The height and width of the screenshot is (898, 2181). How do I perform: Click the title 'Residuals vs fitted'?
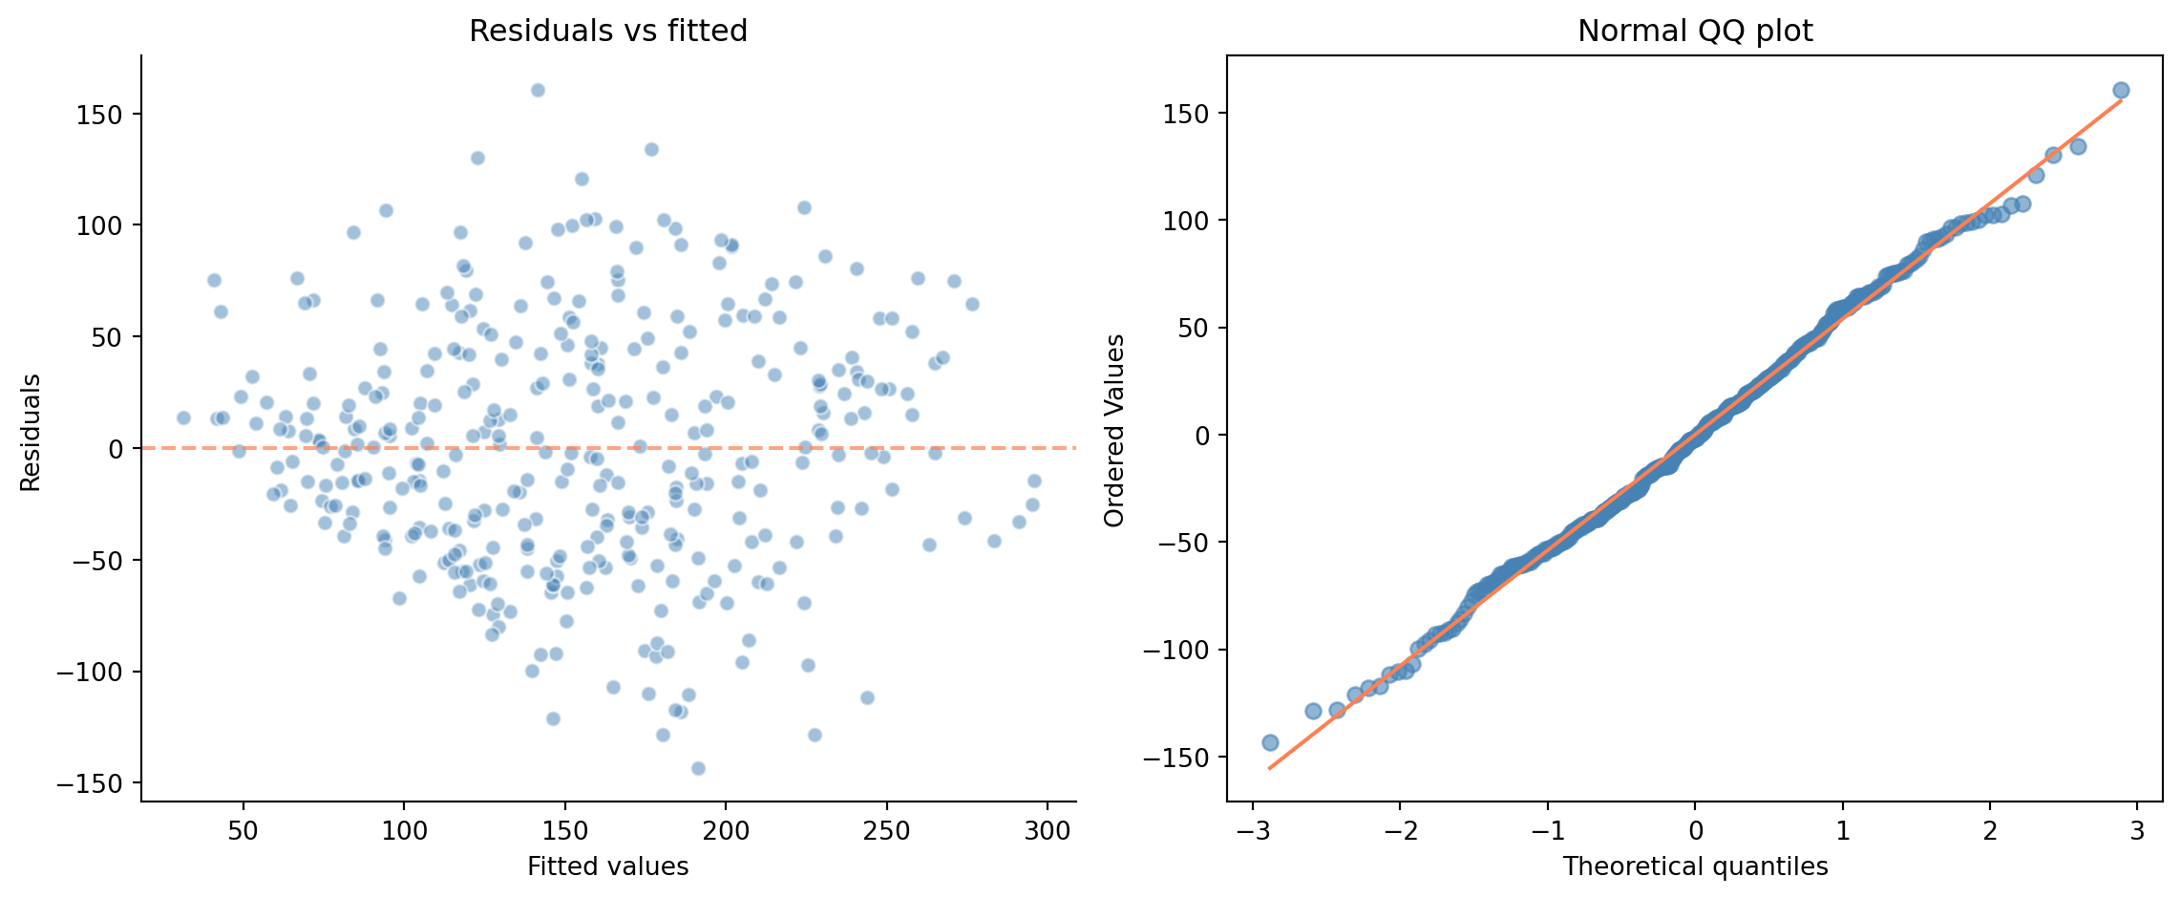click(608, 32)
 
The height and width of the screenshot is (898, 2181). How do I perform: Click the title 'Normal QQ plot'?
click(1695, 32)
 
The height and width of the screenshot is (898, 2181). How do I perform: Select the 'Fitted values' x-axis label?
click(608, 866)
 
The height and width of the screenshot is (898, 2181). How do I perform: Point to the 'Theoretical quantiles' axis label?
click(1695, 866)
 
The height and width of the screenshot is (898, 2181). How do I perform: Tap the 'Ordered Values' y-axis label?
click(1114, 430)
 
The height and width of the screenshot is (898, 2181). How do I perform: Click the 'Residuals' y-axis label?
click(31, 433)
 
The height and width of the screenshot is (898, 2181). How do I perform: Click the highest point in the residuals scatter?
click(538, 90)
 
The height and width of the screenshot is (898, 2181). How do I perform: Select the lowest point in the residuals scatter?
click(698, 768)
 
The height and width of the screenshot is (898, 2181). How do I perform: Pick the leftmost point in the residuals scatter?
click(183, 417)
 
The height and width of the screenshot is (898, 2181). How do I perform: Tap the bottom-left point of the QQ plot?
click(1270, 742)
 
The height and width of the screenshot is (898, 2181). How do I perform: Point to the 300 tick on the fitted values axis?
click(1048, 830)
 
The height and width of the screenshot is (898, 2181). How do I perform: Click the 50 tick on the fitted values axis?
click(243, 830)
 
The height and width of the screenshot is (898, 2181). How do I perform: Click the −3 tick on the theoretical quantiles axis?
click(1253, 830)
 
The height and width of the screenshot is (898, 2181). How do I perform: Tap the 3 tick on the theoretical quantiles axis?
click(2137, 830)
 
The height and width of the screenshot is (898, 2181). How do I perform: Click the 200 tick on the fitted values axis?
click(726, 830)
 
